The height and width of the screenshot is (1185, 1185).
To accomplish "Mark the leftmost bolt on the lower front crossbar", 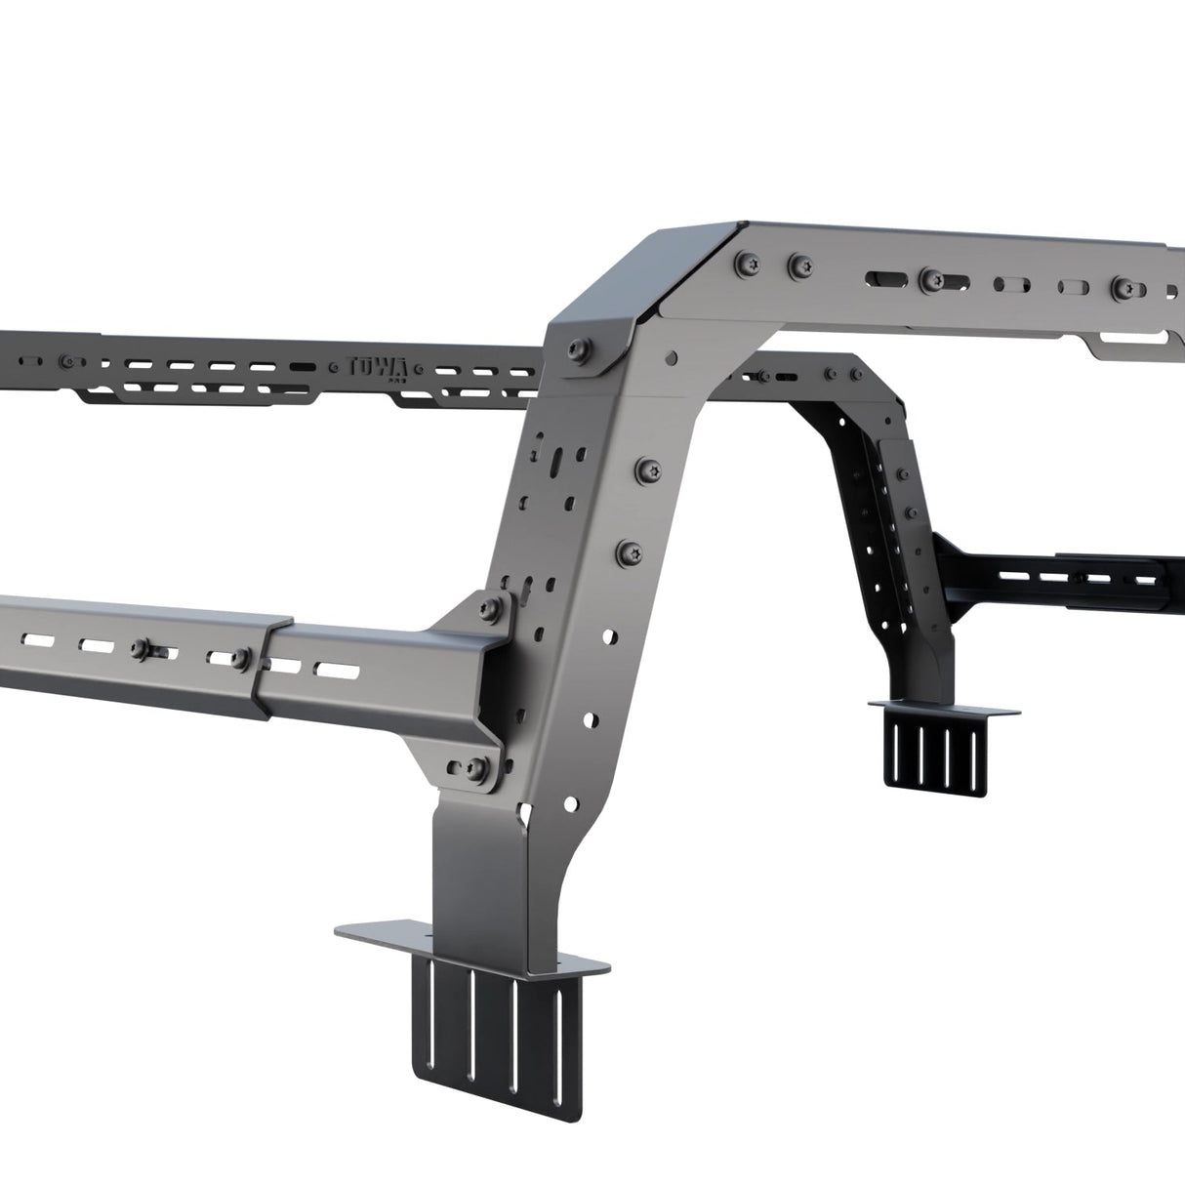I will [143, 648].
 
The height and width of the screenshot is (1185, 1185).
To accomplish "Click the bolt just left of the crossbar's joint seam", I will [239, 659].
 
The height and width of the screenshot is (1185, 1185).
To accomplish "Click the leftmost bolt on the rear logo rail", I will [66, 359].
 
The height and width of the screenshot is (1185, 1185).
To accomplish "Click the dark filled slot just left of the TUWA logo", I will [304, 367].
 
